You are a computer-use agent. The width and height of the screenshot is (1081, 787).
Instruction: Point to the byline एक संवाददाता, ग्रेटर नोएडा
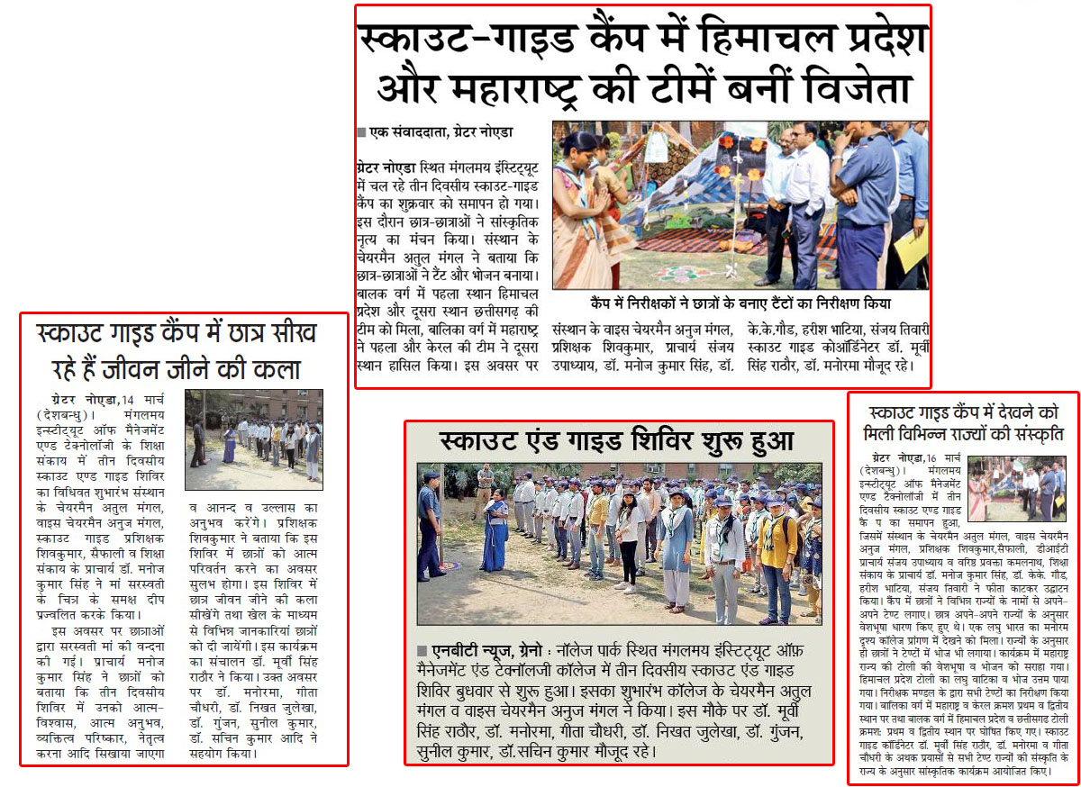(440, 131)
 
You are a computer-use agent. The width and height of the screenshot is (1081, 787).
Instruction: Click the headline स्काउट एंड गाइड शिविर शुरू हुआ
(617, 442)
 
